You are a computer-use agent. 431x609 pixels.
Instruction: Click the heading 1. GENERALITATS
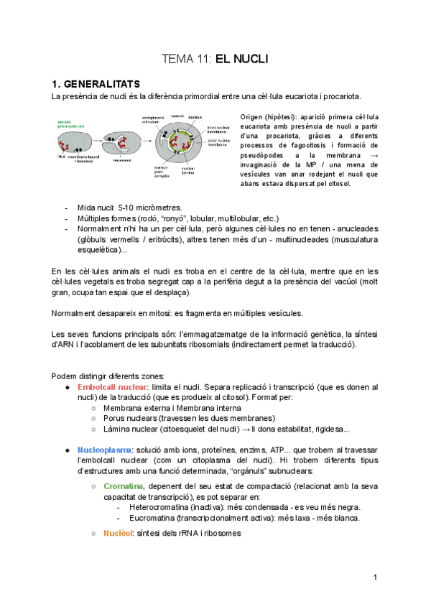96,83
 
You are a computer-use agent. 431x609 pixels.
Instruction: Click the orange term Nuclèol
118,534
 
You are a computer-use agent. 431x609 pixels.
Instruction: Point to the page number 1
375,578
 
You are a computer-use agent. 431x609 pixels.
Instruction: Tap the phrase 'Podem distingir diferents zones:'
108,376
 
